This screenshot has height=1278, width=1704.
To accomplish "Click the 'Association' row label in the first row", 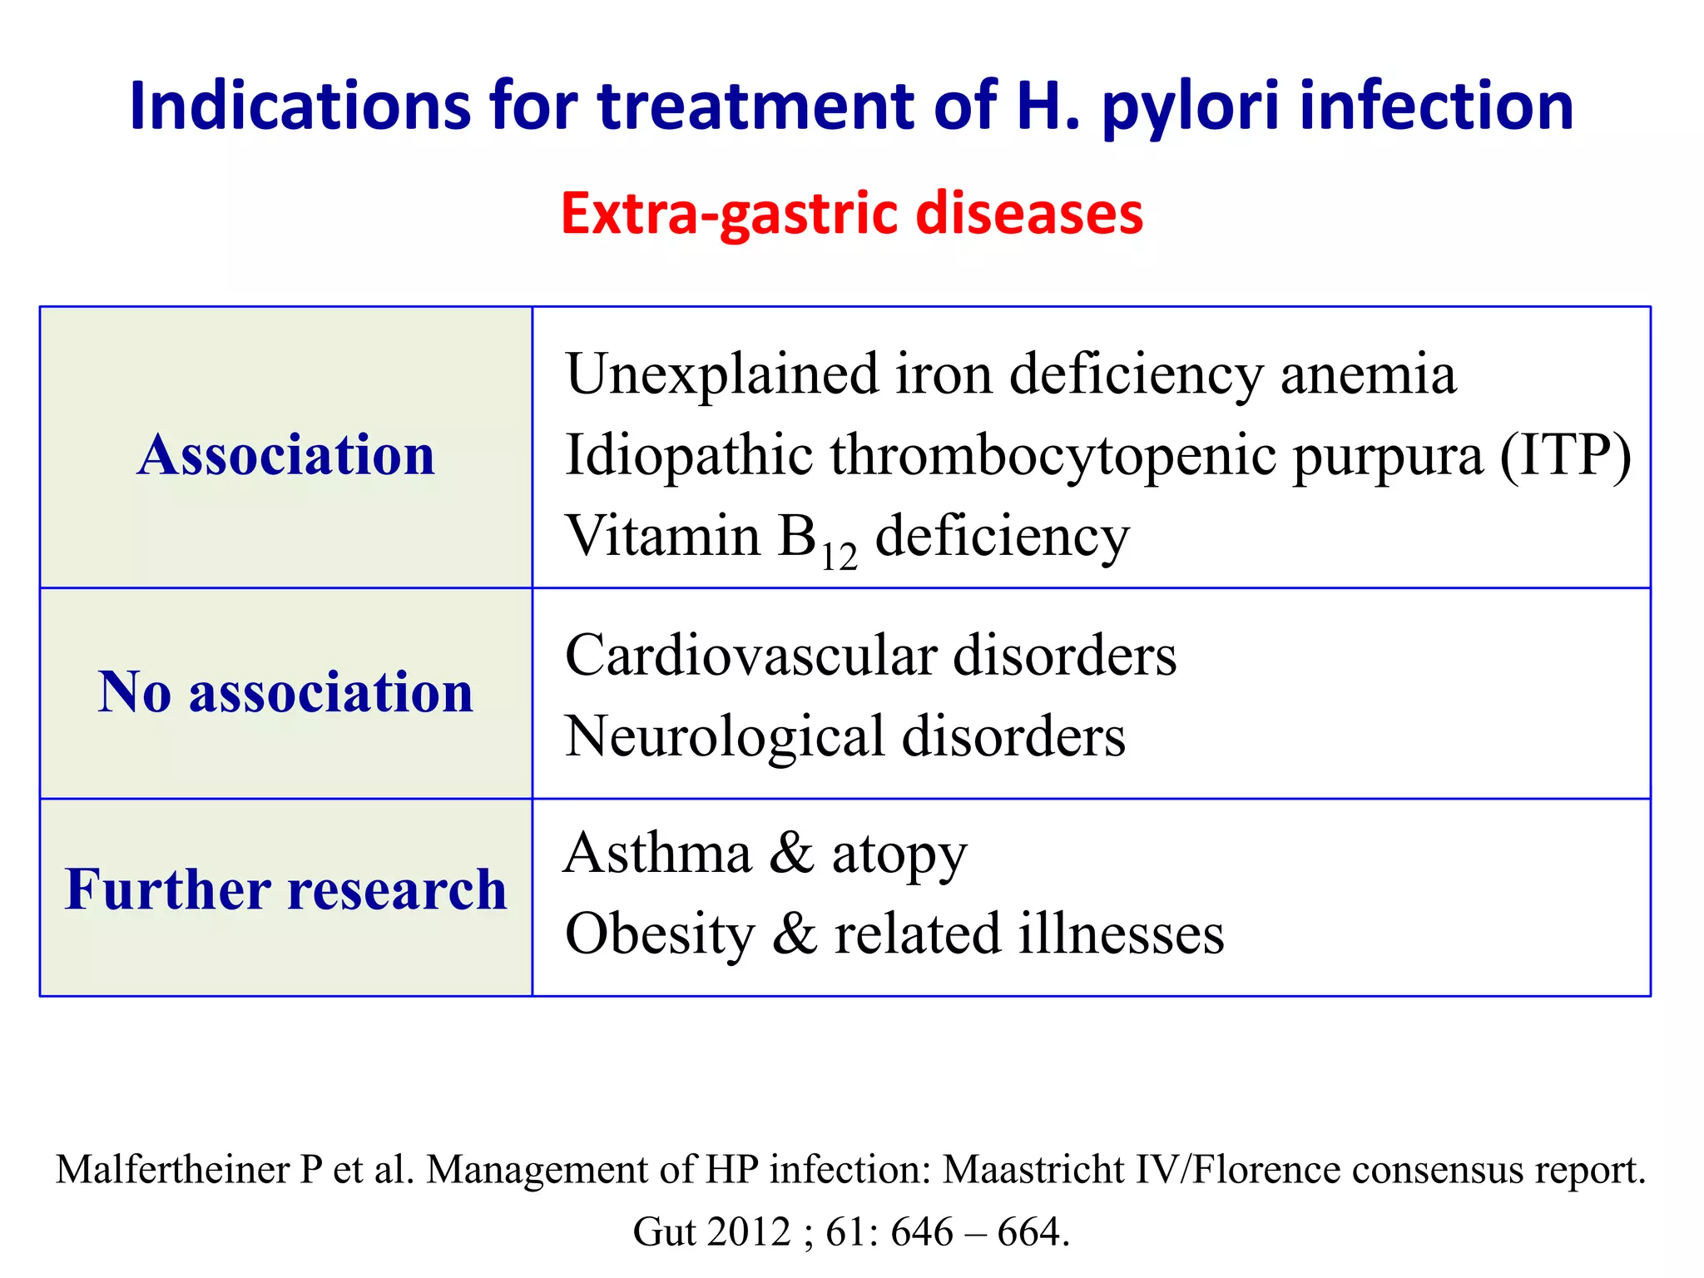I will [286, 455].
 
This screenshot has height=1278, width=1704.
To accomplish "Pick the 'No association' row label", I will [286, 692].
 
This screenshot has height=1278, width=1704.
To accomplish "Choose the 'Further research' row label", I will [286, 889].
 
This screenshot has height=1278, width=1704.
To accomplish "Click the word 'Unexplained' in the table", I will [721, 374].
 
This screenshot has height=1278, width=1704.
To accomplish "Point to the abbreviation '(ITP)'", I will [1565, 455].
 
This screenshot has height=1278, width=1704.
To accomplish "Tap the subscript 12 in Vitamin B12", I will [839, 557].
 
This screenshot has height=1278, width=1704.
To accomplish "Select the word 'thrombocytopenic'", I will [1053, 456].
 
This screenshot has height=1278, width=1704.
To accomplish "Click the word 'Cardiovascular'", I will [750, 656].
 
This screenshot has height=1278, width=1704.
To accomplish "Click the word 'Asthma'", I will [657, 853].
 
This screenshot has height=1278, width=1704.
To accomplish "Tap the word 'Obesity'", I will [660, 934].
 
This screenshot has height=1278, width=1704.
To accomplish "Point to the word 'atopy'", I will [899, 854].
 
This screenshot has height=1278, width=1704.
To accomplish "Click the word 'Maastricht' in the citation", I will [1034, 1169].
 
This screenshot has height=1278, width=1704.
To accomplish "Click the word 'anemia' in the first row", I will [1369, 374].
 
